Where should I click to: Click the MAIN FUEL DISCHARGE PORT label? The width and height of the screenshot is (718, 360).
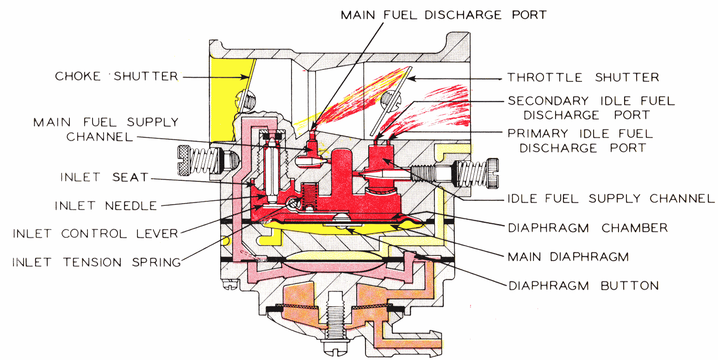tap(443, 15)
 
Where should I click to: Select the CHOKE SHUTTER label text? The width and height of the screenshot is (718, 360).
tap(117, 76)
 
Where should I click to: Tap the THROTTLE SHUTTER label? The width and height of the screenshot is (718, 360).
tap(583, 77)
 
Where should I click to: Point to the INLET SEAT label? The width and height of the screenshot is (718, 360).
tap(104, 177)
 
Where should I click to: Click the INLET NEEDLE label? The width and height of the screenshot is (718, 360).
tap(106, 205)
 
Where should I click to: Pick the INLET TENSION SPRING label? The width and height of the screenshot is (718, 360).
tap(96, 262)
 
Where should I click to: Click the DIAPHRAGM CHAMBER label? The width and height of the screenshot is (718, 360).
tap(588, 228)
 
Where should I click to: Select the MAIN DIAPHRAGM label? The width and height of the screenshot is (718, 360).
tap(568, 256)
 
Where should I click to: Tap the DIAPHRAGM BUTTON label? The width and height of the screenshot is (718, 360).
tap(583, 285)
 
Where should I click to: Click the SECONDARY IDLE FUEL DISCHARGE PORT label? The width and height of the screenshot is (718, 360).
tap(591, 107)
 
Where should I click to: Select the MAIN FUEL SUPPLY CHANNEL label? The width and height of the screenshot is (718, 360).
tap(105, 130)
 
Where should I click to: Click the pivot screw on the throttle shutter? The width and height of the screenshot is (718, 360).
tap(390, 99)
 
